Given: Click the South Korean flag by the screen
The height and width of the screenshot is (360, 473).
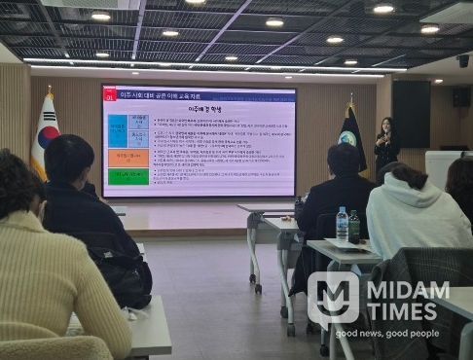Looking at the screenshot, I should pyautogui.click(x=44, y=136).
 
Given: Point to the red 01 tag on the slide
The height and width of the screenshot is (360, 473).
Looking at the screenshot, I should pyautogui.click(x=112, y=94).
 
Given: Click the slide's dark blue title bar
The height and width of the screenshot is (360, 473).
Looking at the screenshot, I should pyautogui.click(x=200, y=94).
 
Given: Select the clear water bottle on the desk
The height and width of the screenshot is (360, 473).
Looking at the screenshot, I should pyautogui.click(x=342, y=225).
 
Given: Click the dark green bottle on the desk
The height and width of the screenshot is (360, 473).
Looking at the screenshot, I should pyautogui.click(x=354, y=227).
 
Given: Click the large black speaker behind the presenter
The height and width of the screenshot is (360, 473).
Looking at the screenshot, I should pyautogui.click(x=411, y=113).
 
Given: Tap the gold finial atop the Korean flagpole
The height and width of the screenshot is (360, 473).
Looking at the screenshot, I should pyautogui.click(x=49, y=90).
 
